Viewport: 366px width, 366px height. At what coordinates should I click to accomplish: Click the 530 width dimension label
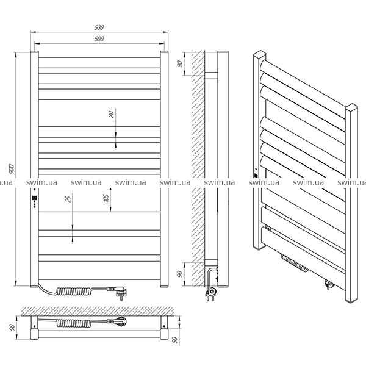point(99,27)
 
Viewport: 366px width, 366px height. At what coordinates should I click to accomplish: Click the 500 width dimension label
point(99,39)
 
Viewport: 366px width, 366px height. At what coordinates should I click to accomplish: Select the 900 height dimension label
point(11,169)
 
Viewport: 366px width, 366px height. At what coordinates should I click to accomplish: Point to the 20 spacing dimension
point(112,115)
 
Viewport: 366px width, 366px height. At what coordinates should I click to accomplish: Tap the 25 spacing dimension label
point(68,199)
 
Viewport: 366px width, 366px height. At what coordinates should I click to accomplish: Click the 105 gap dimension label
point(106,198)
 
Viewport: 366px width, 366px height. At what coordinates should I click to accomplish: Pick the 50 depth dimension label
point(175,340)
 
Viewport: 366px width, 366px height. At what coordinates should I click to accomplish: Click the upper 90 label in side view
point(179,63)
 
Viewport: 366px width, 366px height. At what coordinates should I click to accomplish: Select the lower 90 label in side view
point(179,274)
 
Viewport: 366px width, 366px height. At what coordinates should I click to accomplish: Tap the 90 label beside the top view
point(12,327)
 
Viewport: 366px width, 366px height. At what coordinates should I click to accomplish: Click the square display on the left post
point(35,198)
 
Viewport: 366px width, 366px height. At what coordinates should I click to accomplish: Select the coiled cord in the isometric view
point(295,264)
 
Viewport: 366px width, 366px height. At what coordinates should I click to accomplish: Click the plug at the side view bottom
point(210,293)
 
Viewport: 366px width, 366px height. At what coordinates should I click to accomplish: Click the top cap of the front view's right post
point(164,51)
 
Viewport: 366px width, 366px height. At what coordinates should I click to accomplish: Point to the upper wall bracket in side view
point(211,76)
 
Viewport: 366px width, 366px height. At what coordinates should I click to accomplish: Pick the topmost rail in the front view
point(99,63)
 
